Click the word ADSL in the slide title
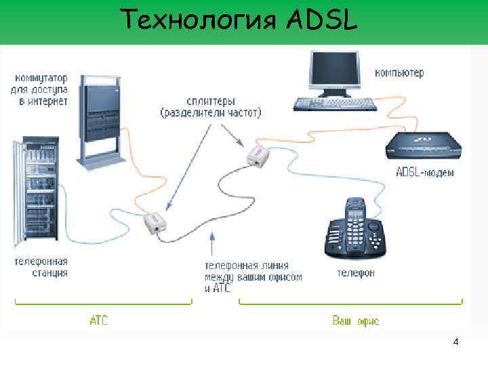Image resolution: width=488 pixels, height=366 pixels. [321, 22]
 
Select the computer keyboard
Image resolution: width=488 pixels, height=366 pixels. [335, 104]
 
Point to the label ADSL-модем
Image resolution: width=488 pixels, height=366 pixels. [424, 173]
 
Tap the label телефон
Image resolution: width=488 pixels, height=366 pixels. [356, 273]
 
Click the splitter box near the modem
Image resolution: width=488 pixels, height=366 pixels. [259, 157]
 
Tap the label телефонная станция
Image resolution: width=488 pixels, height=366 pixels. [41, 266]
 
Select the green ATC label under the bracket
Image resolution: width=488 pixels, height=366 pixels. [99, 319]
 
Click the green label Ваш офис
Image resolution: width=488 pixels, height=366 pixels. [355, 320]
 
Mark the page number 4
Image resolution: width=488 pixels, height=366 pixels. [455, 342]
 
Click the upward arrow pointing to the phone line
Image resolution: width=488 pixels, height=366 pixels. [213, 244]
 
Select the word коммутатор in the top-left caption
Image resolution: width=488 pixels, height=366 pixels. [39, 76]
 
